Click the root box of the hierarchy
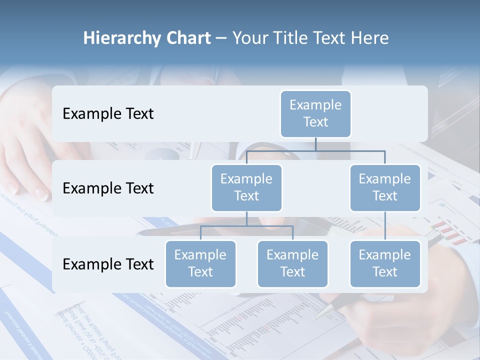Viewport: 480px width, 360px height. pyautogui.click(x=315, y=113)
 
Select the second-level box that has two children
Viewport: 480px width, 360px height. pyautogui.click(x=246, y=187)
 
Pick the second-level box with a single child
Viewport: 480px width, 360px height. pyautogui.click(x=384, y=187)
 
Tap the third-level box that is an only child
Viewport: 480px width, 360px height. pyautogui.click(x=384, y=263)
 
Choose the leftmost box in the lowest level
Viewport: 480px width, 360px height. pyautogui.click(x=200, y=263)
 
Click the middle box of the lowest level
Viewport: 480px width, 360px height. pyautogui.click(x=292, y=263)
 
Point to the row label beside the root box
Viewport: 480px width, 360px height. pyautogui.click(x=108, y=114)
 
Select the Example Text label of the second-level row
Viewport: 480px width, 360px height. pyautogui.click(x=108, y=188)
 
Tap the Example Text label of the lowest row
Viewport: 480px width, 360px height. pyautogui.click(x=108, y=264)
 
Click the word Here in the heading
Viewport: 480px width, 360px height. pyautogui.click(x=369, y=38)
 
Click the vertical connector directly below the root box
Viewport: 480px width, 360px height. pyautogui.click(x=315, y=144)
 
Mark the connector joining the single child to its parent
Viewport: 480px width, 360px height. pyautogui.click(x=385, y=226)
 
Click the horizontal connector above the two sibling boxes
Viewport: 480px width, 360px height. pyautogui.click(x=246, y=226)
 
